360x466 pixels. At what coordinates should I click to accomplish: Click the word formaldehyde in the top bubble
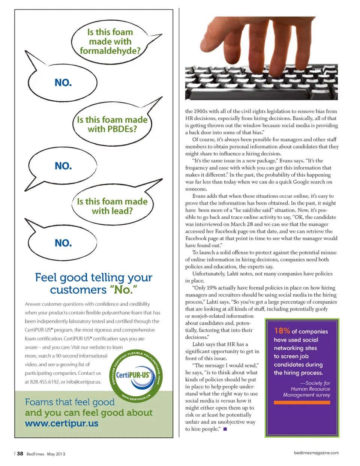(x=109, y=51)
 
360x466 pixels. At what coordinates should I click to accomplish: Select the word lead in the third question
(x=123, y=211)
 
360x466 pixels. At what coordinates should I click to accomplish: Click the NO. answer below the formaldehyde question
(x=63, y=83)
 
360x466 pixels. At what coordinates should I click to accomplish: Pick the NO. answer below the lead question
(x=63, y=243)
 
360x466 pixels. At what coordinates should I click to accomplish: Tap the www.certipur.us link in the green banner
(x=61, y=424)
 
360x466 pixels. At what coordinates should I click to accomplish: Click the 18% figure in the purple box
(x=282, y=331)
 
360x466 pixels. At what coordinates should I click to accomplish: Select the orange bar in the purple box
(x=302, y=403)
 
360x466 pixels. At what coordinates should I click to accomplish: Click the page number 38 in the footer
(x=20, y=454)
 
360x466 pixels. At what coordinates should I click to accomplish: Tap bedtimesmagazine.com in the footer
(x=316, y=453)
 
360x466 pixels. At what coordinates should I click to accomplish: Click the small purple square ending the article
(x=225, y=429)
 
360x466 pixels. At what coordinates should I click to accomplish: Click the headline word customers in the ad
(x=78, y=290)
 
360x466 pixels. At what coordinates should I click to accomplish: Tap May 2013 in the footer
(x=56, y=454)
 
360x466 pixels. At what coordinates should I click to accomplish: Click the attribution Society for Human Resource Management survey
(x=307, y=389)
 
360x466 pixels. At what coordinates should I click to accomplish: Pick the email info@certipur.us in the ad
(x=84, y=382)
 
